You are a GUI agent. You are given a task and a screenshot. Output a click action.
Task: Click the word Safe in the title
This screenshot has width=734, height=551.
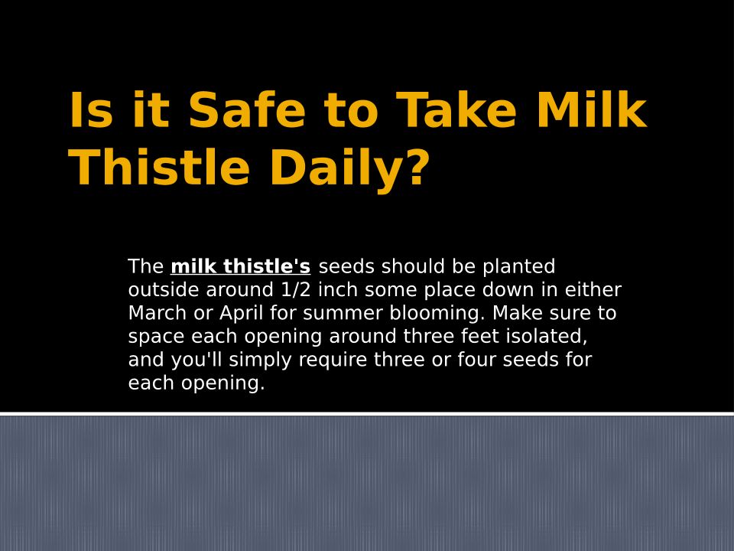(x=247, y=109)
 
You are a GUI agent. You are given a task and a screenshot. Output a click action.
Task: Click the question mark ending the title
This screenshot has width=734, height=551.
(x=417, y=167)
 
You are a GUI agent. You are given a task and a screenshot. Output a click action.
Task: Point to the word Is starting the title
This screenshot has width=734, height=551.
(x=91, y=109)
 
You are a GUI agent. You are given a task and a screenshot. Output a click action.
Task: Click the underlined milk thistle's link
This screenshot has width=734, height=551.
(x=241, y=266)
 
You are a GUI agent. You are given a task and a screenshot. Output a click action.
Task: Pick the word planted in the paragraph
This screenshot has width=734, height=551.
(x=518, y=267)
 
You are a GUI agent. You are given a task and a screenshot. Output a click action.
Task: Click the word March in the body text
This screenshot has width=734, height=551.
(x=158, y=313)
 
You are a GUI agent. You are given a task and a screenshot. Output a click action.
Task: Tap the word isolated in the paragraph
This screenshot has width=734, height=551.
(x=547, y=337)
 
